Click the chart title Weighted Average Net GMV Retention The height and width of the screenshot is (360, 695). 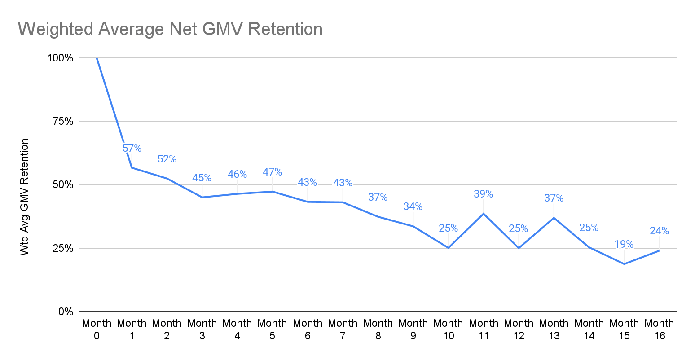(170, 29)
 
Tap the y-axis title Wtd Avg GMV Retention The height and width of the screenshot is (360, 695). (25, 197)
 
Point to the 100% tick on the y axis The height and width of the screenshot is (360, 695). (60, 58)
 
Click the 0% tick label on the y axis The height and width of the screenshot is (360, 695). (66, 311)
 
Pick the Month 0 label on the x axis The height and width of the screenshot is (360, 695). (97, 329)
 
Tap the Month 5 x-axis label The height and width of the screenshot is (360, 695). (272, 329)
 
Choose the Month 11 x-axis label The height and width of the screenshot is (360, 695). (483, 329)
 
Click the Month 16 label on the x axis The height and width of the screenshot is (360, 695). (659, 329)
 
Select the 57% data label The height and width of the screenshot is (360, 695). (132, 148)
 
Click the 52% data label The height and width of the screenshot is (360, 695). (167, 159)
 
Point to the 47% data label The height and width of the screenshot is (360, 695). (272, 172)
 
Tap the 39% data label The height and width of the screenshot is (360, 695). (483, 194)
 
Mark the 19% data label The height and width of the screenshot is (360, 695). (624, 244)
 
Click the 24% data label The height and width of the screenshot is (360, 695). (659, 231)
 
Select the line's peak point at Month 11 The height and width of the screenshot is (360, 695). (484, 213)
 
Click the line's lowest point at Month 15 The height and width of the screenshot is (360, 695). (624, 264)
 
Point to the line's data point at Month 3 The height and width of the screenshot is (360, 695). (202, 197)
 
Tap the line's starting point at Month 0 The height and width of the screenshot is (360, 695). (97, 58)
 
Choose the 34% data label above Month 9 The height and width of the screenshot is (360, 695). (413, 206)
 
